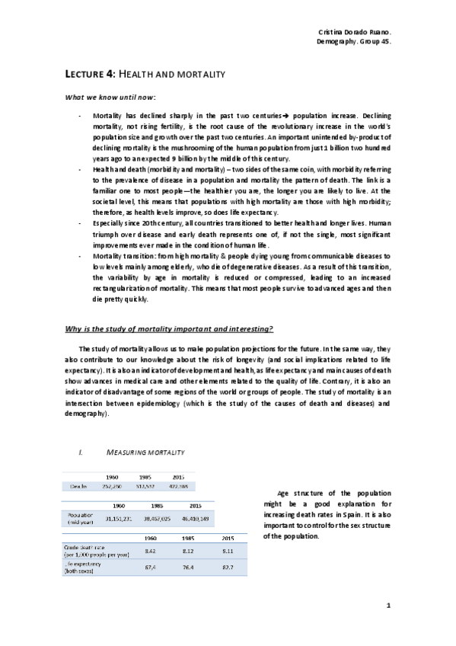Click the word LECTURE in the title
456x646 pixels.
[x=79, y=74]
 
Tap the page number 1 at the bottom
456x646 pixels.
[x=388, y=606]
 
